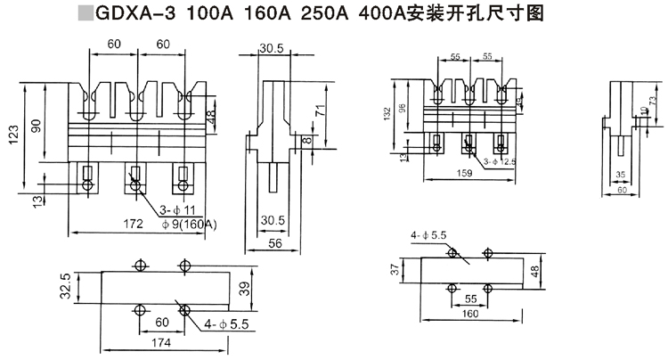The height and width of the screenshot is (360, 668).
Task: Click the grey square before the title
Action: [85, 14]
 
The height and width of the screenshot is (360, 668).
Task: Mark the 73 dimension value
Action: [654, 95]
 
